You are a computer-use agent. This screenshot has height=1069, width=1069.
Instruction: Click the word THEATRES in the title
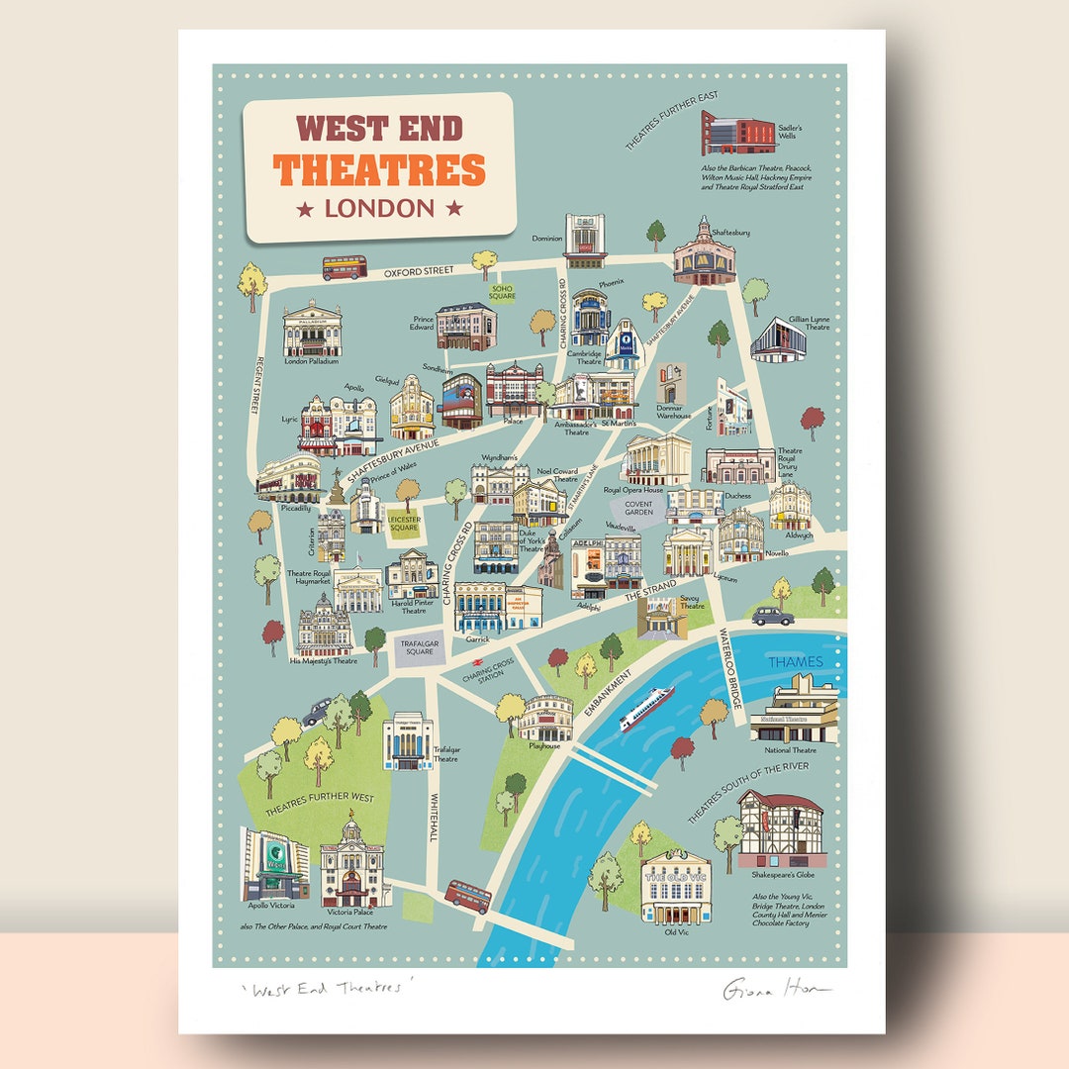[380, 169]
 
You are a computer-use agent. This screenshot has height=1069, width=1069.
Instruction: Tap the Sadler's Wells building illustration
[739, 132]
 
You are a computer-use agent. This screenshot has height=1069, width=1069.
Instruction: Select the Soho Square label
[503, 293]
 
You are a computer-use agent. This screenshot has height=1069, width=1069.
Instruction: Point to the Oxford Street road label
[419, 270]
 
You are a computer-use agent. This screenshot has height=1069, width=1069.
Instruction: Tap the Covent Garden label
[639, 507]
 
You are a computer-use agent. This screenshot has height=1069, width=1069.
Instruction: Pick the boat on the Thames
[646, 707]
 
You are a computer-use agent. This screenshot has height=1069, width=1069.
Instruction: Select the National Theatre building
[794, 711]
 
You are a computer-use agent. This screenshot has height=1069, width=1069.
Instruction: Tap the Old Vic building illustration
[676, 888]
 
